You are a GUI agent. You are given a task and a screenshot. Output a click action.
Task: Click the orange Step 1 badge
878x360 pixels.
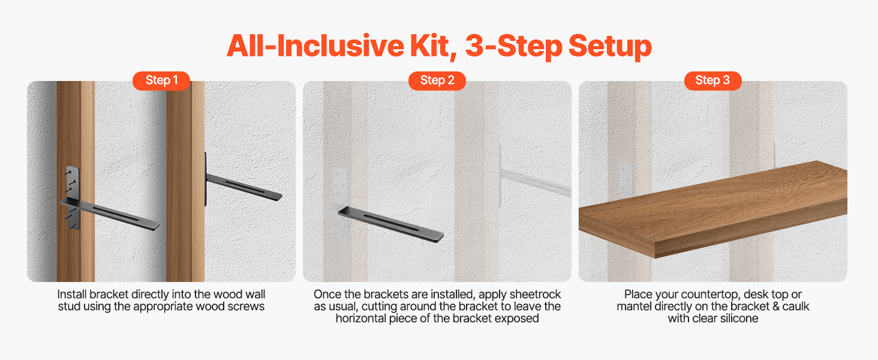tap(161, 81)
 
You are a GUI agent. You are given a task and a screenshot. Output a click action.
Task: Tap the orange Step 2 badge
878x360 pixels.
tap(437, 81)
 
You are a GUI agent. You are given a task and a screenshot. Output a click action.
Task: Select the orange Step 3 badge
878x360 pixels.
tap(712, 81)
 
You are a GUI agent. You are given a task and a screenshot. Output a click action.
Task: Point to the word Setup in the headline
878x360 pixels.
tap(610, 47)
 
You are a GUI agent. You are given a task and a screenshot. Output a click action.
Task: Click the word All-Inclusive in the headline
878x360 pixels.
tap(315, 46)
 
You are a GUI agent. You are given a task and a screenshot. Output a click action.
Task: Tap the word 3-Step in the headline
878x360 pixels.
tap(513, 47)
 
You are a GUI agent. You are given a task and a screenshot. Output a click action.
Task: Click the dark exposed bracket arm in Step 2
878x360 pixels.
tap(391, 225)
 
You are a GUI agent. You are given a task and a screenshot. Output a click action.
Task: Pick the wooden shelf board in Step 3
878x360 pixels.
tap(713, 210)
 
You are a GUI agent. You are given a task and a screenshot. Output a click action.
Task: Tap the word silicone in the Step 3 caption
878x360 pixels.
tap(739, 318)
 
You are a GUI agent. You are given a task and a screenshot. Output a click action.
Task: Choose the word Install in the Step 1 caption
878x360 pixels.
tap(72, 294)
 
